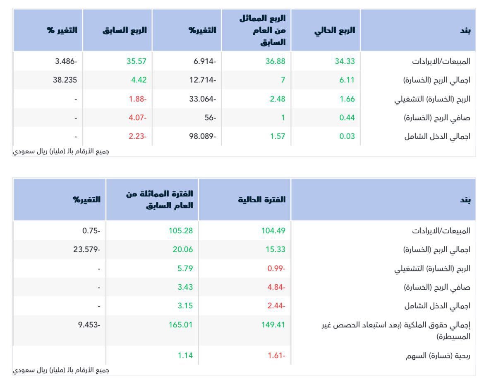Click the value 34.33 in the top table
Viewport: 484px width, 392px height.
pyautogui.click(x=345, y=61)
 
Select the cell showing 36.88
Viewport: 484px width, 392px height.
pyautogui.click(x=275, y=61)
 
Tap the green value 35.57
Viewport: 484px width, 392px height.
pyautogui.click(x=137, y=61)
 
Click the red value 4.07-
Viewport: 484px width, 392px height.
pyautogui.click(x=137, y=118)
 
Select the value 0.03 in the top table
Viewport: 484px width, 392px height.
pyautogui.click(x=347, y=136)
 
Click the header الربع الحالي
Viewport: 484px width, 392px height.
pyautogui.click(x=335, y=31)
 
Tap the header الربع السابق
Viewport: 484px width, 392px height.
pyautogui.click(x=125, y=31)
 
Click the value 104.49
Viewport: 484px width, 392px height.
pyautogui.click(x=273, y=231)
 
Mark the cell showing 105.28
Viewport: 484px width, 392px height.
pyautogui.click(x=181, y=231)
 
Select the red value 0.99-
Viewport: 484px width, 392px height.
pyautogui.click(x=276, y=269)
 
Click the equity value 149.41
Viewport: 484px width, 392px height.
pyautogui.click(x=273, y=325)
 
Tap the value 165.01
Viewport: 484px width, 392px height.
pyautogui.click(x=181, y=325)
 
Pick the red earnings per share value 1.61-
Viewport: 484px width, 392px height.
pyautogui.click(x=276, y=356)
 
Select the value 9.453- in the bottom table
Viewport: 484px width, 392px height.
pyautogui.click(x=89, y=325)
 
